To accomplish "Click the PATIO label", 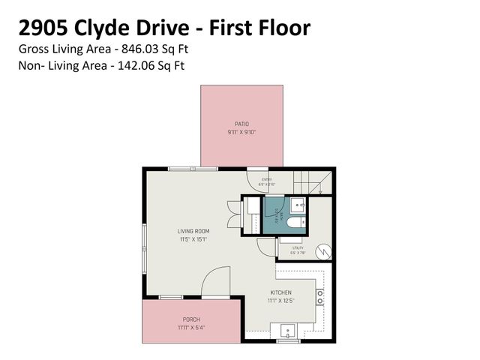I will tap(241, 124).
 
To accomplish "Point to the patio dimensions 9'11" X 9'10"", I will tap(241, 132).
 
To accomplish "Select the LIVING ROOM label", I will tap(193, 231).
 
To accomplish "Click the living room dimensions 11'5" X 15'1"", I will tap(193, 240).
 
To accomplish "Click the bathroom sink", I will tap(296, 204).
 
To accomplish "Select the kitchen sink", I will tap(287, 330).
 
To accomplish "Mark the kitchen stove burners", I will tap(319, 296).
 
